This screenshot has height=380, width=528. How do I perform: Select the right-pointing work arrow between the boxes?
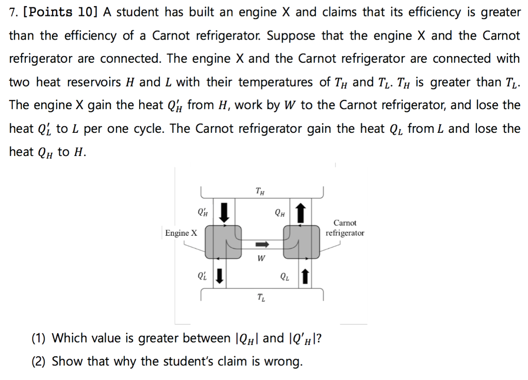tap(262, 244)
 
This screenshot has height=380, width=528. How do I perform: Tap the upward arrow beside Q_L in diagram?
tap(305, 277)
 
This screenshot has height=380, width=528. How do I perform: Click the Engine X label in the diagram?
tap(181, 233)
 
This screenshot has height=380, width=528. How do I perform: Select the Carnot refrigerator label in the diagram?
tap(345, 228)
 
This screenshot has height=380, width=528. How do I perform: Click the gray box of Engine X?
tap(223, 241)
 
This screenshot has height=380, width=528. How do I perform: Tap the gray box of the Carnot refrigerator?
tap(302, 241)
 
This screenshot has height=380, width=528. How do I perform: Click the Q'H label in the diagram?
tap(203, 212)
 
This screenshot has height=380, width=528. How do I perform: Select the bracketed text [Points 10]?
tap(61, 13)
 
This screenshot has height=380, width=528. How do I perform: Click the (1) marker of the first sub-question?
tap(39, 338)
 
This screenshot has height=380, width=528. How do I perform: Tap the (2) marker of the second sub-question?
tap(39, 361)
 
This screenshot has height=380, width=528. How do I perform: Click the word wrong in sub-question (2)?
tap(285, 361)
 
